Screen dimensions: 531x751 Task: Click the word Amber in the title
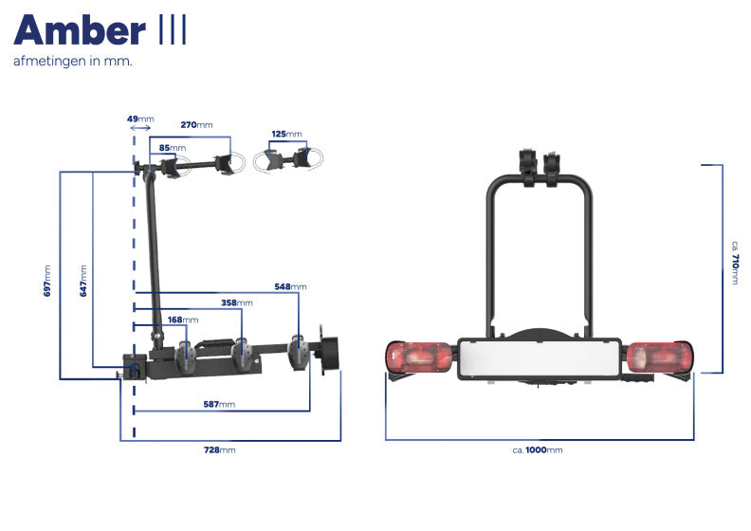pyautogui.click(x=80, y=30)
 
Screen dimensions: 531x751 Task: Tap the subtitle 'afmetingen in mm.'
pyautogui.click(x=72, y=62)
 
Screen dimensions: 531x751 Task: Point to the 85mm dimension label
pyautogui.click(x=172, y=148)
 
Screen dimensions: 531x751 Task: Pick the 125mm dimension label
pyautogui.click(x=286, y=135)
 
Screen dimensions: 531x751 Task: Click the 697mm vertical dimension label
pyautogui.click(x=48, y=281)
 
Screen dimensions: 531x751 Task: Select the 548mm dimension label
pyautogui.click(x=290, y=286)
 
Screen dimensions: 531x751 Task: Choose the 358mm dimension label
pyautogui.click(x=237, y=303)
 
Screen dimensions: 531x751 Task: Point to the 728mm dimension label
pyautogui.click(x=220, y=449)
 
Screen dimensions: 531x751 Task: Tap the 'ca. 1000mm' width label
pyautogui.click(x=538, y=449)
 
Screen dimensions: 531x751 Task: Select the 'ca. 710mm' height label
pyautogui.click(x=735, y=265)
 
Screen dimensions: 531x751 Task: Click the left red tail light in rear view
pyautogui.click(x=419, y=358)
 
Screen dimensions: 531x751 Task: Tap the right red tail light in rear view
pyautogui.click(x=661, y=358)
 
